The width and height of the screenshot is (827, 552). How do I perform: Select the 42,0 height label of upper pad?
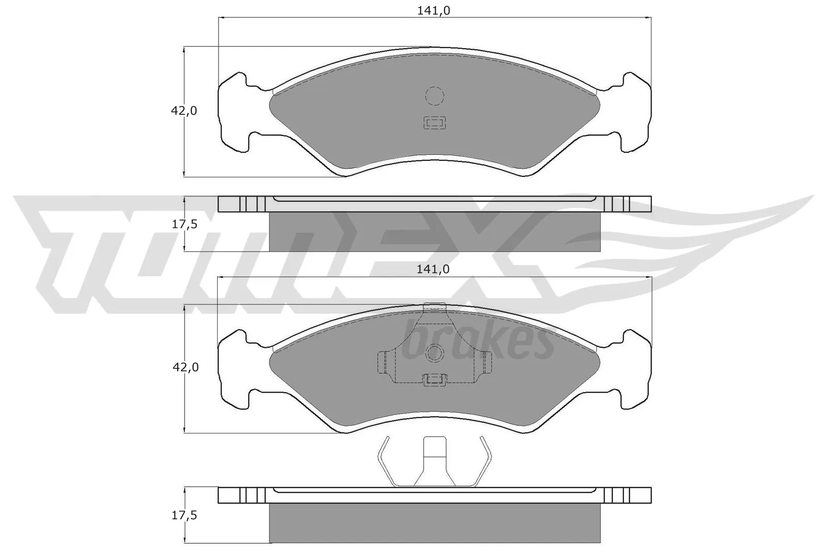(185, 111)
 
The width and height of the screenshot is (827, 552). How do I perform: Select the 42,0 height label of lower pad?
(185, 367)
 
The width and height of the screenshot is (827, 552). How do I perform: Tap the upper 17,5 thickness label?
(185, 225)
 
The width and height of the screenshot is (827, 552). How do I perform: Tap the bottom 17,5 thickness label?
(185, 515)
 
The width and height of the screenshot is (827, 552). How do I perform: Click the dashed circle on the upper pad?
(434, 96)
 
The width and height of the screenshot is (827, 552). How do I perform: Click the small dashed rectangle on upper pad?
(434, 123)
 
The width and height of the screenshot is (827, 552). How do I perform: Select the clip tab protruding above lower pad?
(434, 307)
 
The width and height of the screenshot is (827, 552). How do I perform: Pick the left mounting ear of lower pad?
(235, 369)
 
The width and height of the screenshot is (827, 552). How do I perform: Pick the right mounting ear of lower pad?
(634, 369)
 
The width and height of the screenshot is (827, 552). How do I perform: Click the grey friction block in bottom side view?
(435, 523)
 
